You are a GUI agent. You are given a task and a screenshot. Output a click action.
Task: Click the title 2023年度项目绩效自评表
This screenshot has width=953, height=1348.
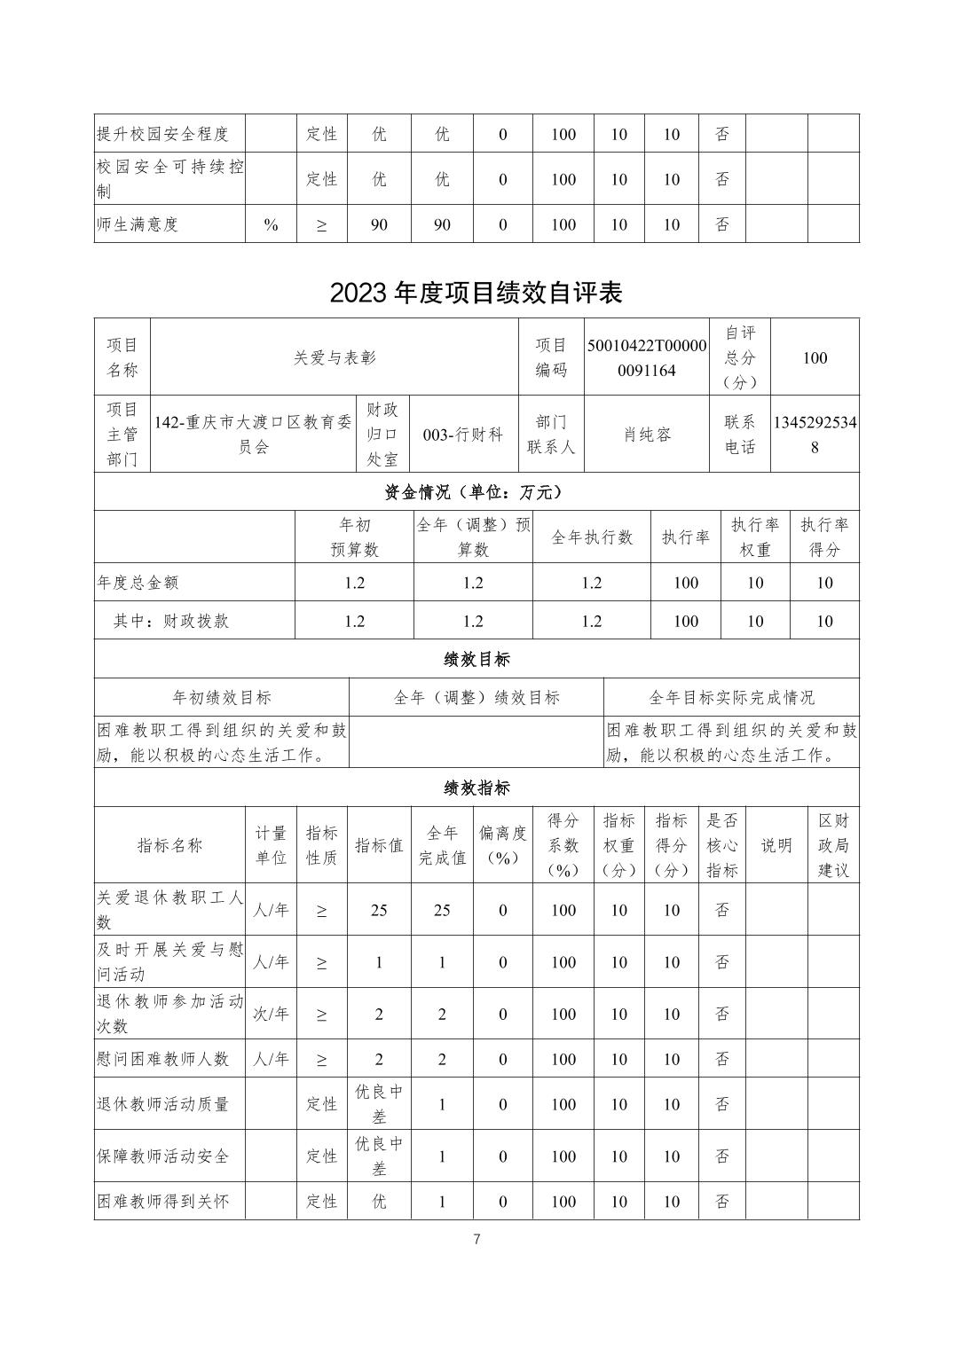pos(476,293)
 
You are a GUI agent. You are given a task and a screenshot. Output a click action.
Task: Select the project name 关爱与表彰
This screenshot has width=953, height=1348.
pos(335,357)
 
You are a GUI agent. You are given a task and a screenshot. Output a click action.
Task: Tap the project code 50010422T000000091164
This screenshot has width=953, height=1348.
pos(647,357)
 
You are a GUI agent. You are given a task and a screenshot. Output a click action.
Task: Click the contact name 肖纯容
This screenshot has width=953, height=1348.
pos(647,435)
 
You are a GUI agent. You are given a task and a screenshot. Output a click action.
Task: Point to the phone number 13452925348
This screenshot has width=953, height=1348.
pos(815,435)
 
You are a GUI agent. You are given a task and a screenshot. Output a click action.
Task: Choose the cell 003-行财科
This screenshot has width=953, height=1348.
pos(463,435)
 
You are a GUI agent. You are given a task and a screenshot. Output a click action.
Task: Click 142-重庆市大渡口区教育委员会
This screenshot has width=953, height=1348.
pos(253,435)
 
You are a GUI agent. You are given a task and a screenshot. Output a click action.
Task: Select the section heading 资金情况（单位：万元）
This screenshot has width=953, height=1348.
pos(476,491)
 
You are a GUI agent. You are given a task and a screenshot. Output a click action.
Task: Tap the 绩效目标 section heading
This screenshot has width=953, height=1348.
pos(476,659)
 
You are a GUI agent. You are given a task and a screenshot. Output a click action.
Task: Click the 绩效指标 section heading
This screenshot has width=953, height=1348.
pos(476,788)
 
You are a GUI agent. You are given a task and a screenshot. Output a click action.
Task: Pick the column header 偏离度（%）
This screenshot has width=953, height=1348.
pos(502,845)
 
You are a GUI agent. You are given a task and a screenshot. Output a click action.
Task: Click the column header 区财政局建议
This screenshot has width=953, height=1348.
pos(833,845)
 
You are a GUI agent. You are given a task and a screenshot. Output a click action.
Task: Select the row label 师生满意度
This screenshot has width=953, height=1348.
pos(138,224)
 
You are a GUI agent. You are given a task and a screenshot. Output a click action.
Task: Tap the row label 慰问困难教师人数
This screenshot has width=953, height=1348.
pos(163,1059)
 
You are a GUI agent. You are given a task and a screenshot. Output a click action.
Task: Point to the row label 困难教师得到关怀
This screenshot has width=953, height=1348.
pos(163,1202)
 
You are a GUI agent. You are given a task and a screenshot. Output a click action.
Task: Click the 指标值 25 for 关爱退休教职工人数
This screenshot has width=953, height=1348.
pos(379,910)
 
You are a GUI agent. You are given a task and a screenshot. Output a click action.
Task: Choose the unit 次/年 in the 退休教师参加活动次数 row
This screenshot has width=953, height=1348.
pos(271,1014)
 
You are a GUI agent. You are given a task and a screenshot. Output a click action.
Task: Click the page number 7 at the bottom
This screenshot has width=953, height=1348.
pos(476,1239)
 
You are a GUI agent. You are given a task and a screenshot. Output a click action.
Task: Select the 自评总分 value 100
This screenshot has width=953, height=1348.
pos(815,357)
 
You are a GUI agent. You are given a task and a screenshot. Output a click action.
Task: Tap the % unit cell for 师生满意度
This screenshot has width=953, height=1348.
pos(271,224)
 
